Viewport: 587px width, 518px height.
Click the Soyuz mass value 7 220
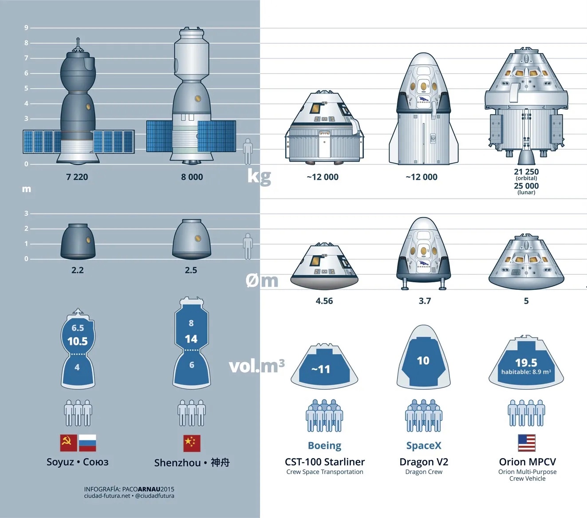(x=77, y=177)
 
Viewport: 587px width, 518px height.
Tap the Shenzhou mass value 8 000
(x=192, y=177)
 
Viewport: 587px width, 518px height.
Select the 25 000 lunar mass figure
(x=526, y=186)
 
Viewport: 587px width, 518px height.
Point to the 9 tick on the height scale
(x=26, y=28)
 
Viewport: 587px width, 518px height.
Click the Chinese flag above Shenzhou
(x=192, y=443)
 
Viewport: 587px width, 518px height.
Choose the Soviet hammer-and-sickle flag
(x=69, y=443)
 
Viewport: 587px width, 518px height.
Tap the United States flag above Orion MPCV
(x=527, y=443)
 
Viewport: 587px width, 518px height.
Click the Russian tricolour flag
(x=87, y=443)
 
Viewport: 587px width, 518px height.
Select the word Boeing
(x=324, y=446)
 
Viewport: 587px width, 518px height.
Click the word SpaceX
(x=424, y=445)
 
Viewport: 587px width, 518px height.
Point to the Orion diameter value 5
(x=526, y=301)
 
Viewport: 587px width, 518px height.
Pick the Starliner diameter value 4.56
(x=324, y=301)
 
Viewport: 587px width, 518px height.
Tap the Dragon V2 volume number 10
(x=423, y=360)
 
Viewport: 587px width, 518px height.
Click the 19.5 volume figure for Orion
(x=526, y=363)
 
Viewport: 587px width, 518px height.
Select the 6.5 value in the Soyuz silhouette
(x=78, y=328)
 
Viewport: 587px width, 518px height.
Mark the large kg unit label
(x=259, y=176)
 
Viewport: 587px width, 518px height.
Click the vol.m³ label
(x=257, y=366)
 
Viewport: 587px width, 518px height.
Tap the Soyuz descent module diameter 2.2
(x=77, y=270)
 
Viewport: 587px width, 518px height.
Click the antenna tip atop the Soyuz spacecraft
(x=78, y=39)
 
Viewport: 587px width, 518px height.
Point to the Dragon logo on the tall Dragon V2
(x=424, y=100)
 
